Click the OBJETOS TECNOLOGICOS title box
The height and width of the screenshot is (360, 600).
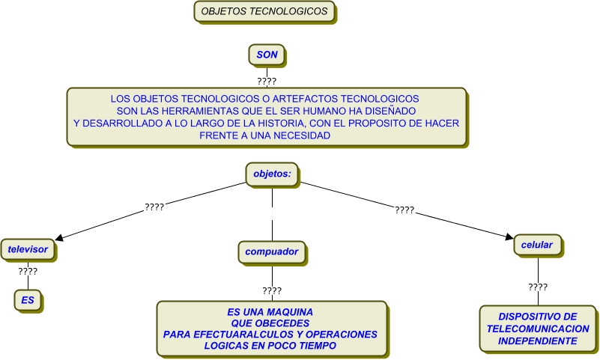264,12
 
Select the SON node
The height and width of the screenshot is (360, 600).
267,55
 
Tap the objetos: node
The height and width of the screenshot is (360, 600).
271,174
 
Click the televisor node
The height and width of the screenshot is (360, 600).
28,249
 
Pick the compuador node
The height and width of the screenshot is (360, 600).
271,252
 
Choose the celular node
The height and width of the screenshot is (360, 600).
537,245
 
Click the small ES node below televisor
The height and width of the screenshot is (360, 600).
28,300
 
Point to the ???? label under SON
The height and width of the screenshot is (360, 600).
267,80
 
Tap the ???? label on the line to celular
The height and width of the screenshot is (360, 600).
404,210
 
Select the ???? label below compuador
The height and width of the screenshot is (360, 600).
272,290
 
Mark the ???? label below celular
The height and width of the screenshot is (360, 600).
538,287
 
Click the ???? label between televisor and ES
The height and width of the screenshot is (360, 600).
28,271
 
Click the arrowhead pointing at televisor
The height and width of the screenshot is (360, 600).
59,239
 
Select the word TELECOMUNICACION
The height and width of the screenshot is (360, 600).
538,329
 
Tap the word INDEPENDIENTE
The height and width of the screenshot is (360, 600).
538,341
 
